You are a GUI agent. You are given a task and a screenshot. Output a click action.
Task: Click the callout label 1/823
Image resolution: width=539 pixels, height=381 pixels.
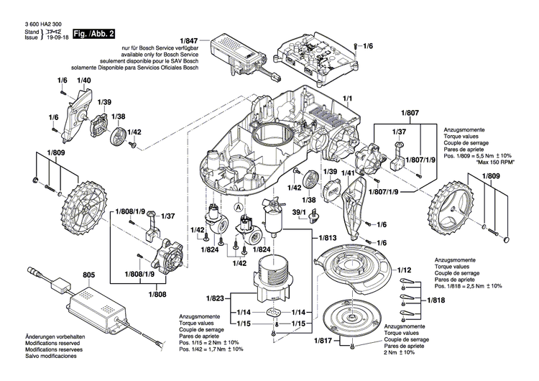pos(216,298)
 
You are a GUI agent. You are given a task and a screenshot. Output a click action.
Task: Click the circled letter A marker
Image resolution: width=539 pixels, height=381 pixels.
pos(238,204)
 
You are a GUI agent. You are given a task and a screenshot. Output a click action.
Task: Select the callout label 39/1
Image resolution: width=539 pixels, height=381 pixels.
pos(299,213)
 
